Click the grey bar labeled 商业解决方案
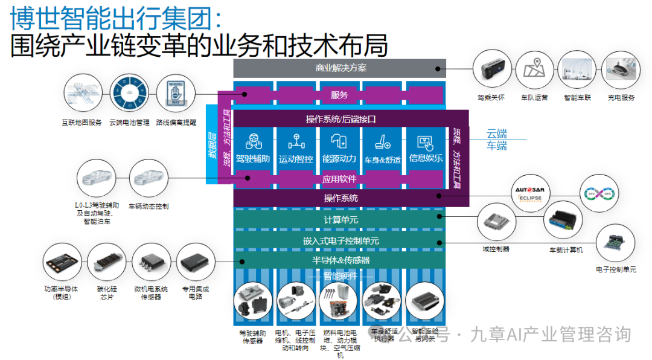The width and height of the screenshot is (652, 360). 340,68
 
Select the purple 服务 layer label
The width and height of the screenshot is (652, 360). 339,95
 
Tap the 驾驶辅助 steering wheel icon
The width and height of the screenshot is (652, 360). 252,143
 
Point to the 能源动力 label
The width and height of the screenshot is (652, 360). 339,159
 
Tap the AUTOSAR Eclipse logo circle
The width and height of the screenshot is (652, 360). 530,193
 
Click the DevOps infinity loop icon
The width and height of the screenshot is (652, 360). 599,193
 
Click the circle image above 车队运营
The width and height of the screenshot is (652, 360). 534,71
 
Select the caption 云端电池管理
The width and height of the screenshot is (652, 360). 129,123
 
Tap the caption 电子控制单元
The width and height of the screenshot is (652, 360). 616,269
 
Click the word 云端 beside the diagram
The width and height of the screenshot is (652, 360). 497,134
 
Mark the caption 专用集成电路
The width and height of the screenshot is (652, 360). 196,293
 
